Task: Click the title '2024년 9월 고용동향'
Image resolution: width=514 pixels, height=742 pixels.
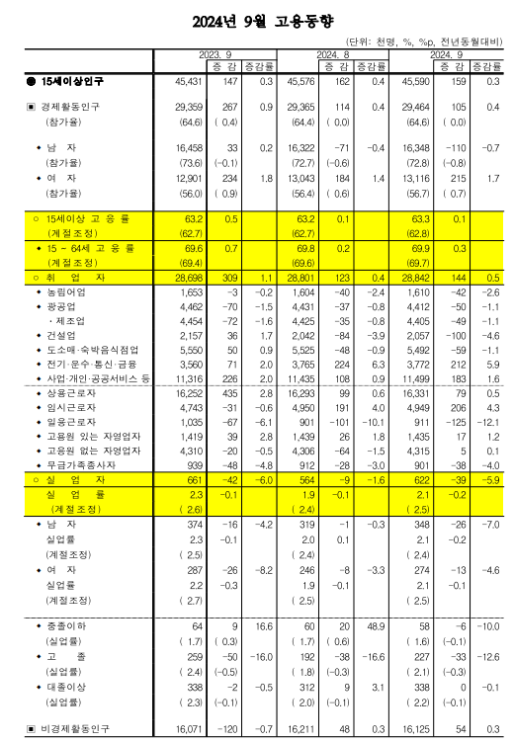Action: (x=256, y=19)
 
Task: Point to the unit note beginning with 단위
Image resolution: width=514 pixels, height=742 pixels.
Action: (x=423, y=42)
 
